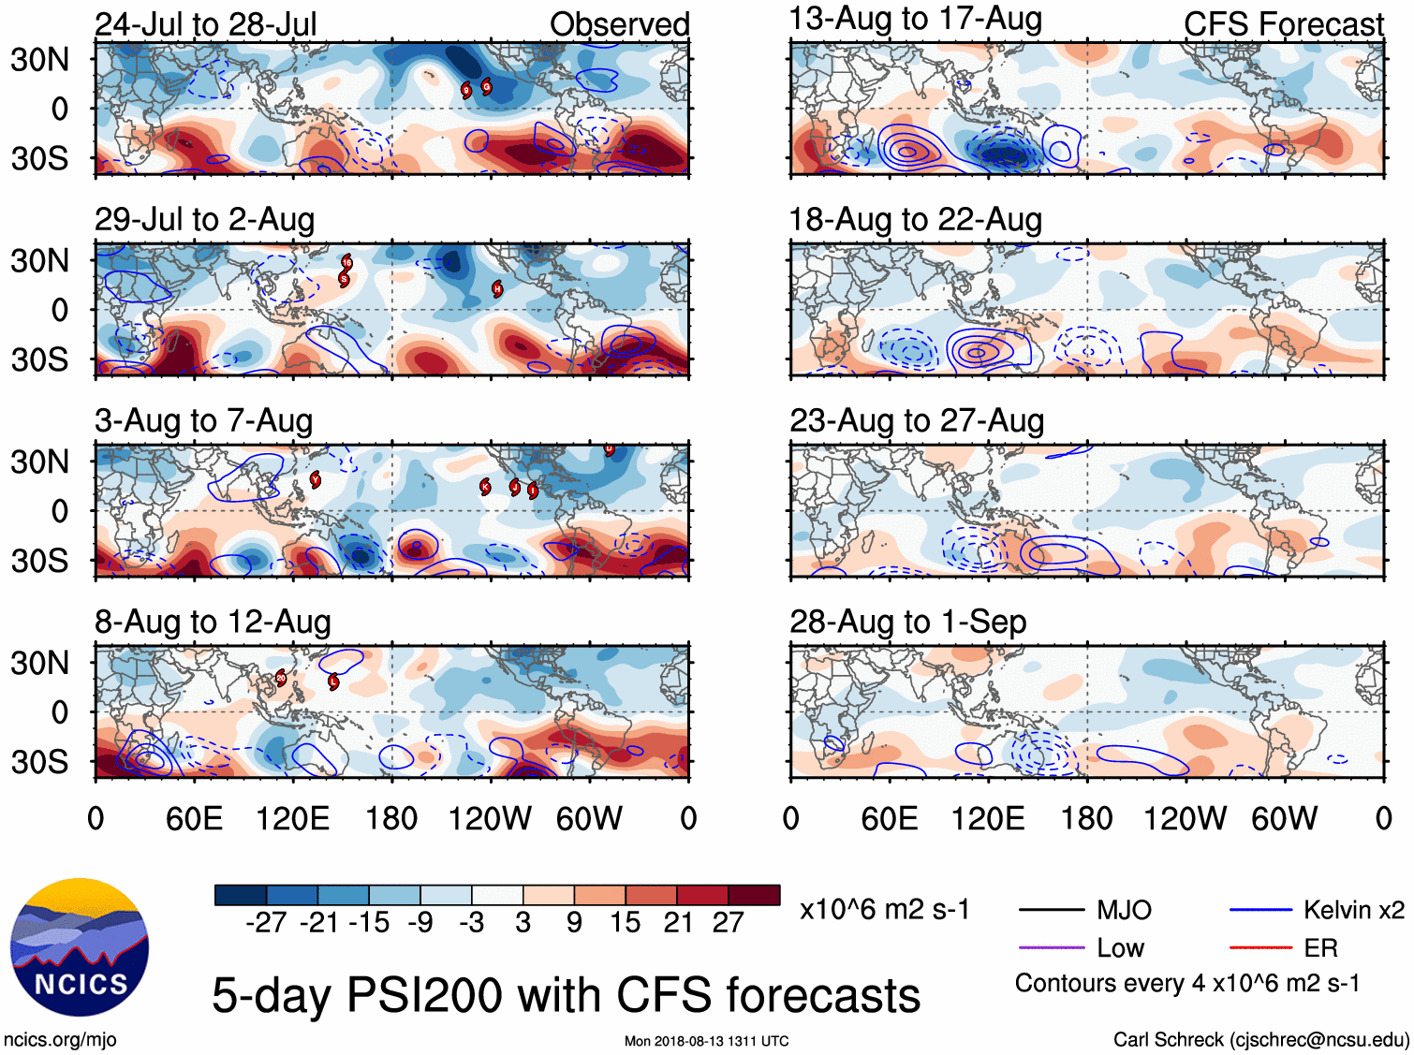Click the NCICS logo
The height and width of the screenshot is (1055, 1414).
[x=80, y=947]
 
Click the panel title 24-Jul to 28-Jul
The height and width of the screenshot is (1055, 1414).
[x=206, y=24]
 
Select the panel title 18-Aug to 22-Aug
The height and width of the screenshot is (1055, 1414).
[x=915, y=220]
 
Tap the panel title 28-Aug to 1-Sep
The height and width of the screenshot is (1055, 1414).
[x=907, y=622]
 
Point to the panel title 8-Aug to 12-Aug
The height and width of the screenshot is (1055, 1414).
[x=213, y=622]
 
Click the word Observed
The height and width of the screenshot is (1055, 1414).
[x=619, y=24]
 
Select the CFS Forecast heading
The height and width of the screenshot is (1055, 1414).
[x=1283, y=24]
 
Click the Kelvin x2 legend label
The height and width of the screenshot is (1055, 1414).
[x=1353, y=910]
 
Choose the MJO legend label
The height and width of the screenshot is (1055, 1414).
[x=1124, y=910]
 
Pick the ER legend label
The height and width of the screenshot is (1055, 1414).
[x=1320, y=948]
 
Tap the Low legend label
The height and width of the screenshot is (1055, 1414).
[x=1120, y=948]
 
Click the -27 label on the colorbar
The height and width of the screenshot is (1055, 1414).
[x=266, y=923]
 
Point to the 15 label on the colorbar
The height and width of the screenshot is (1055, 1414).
[x=625, y=923]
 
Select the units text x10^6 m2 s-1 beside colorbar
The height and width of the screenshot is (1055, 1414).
[x=884, y=910]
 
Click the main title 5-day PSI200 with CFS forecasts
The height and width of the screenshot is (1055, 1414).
[x=566, y=995]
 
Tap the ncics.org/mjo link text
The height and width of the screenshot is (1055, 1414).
[x=60, y=1039]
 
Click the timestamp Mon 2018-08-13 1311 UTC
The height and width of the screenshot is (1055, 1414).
[x=706, y=1041]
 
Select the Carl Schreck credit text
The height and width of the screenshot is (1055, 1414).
[x=1260, y=1039]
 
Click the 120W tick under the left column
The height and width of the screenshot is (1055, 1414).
[x=489, y=819]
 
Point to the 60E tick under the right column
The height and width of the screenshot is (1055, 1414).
[x=889, y=819]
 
